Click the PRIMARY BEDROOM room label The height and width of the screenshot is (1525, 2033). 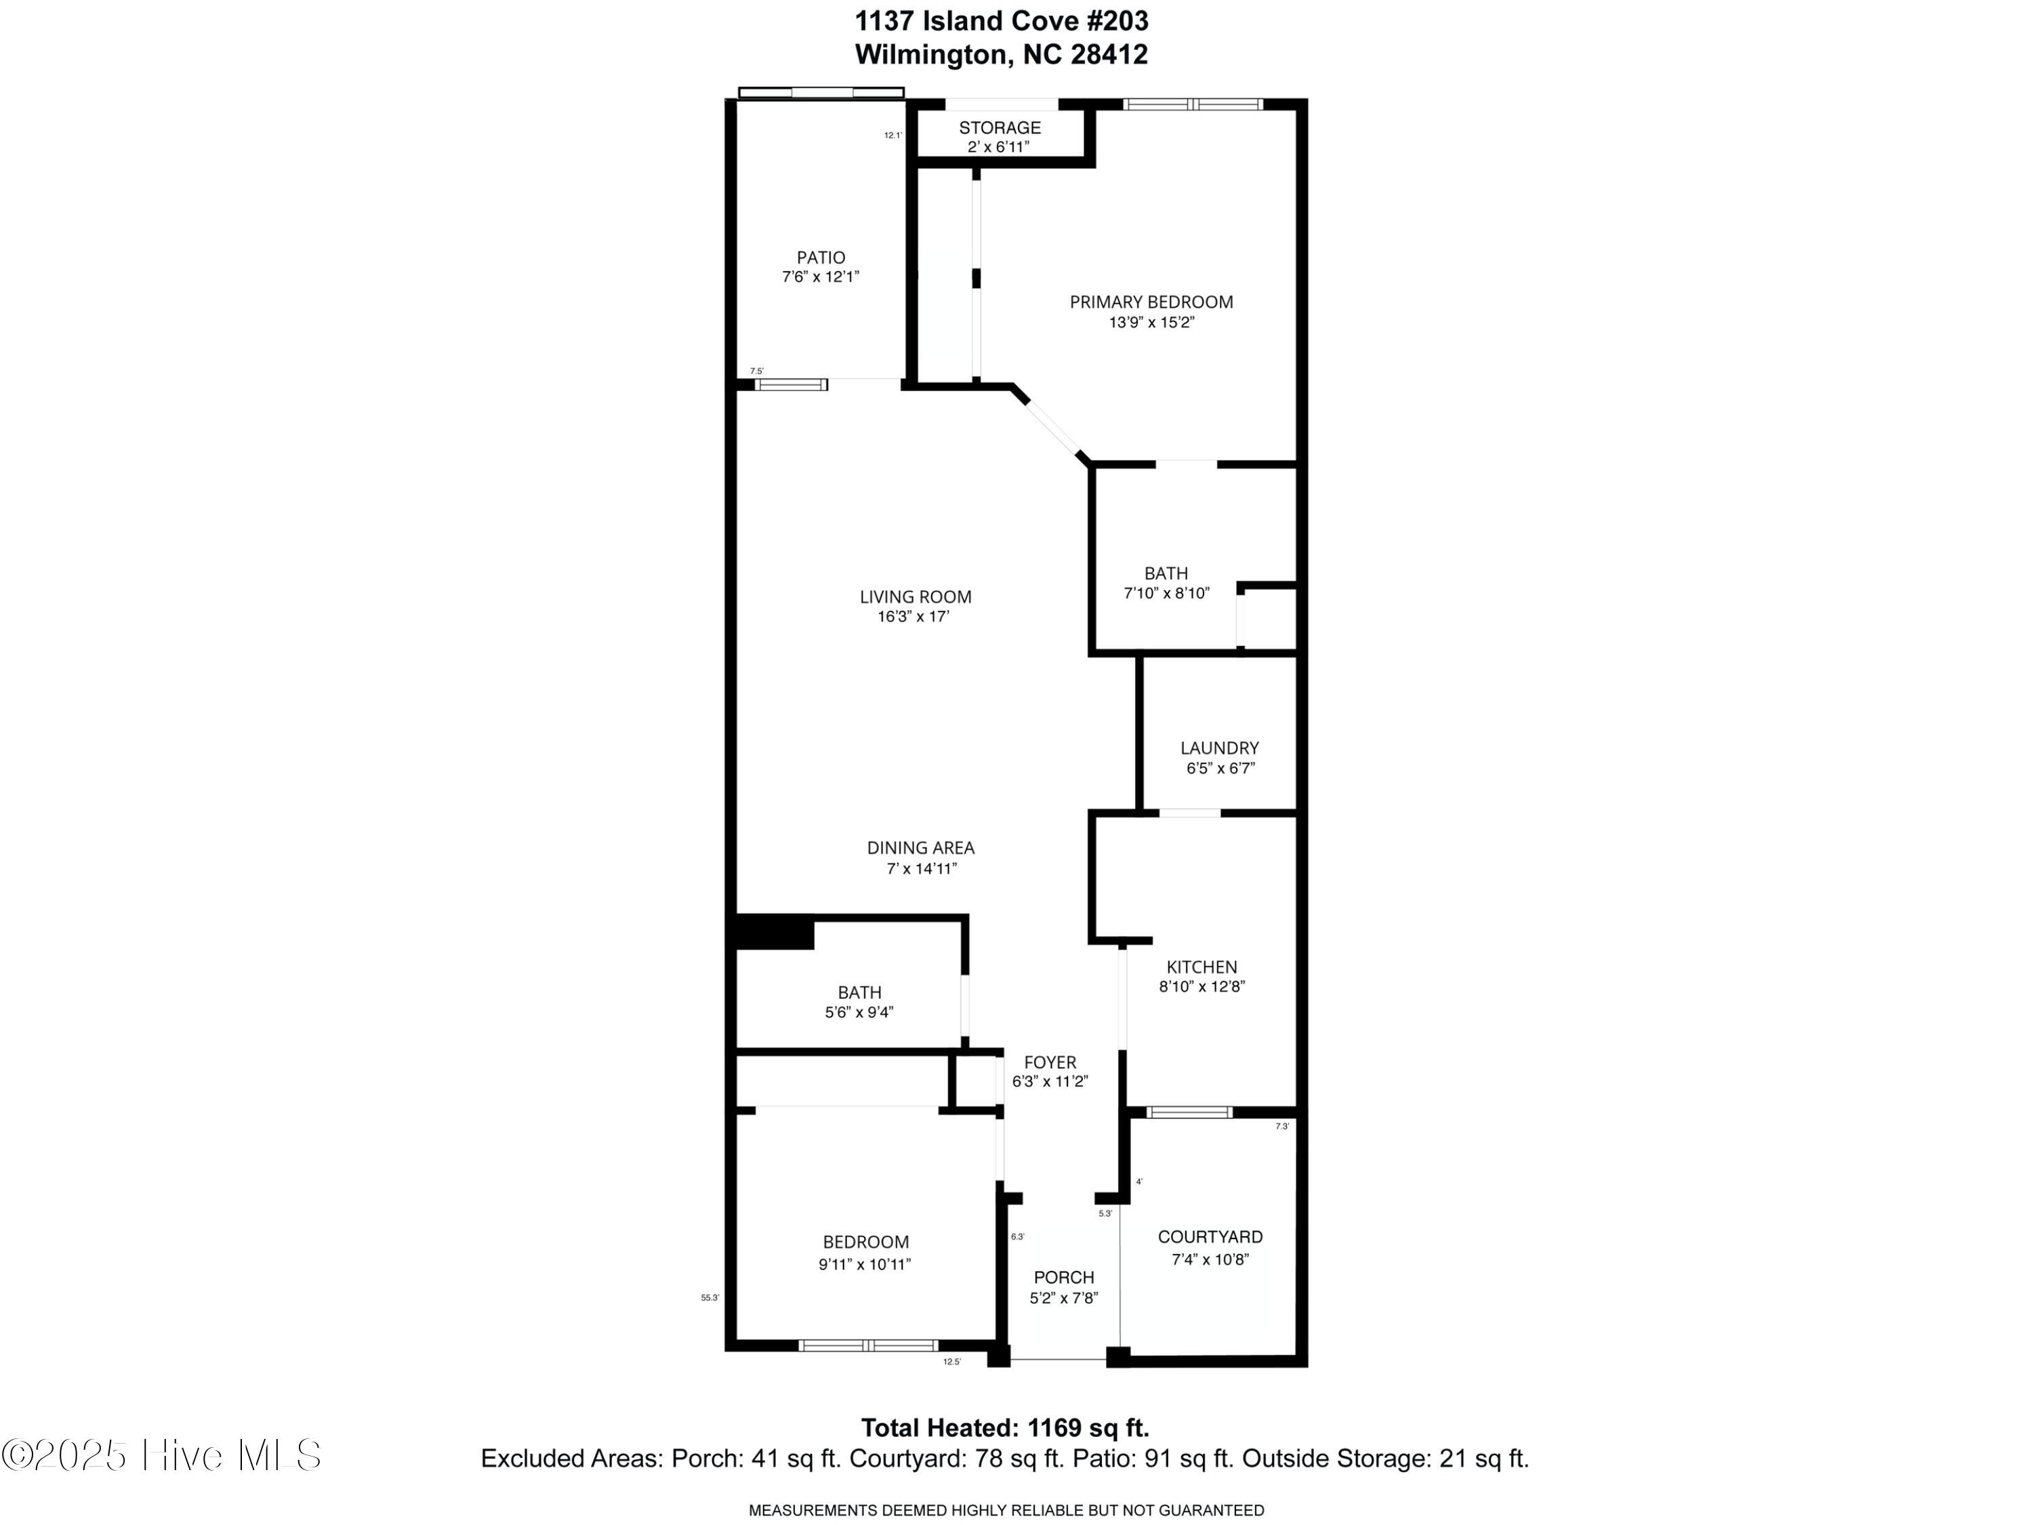1151,302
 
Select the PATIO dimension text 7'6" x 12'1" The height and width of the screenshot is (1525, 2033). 820,277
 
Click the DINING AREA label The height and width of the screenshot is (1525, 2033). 920,847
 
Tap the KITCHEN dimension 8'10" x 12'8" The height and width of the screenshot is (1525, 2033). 1202,986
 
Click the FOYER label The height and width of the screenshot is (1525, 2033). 1050,1061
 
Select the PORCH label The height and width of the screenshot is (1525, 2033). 1063,1277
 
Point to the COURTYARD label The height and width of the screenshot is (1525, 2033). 1210,1236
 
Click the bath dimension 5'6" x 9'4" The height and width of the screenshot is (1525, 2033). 859,1012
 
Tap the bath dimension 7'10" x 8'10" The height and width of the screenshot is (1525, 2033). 1166,594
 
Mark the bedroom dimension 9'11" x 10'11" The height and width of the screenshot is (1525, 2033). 864,1264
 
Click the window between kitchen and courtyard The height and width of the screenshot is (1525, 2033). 1189,1112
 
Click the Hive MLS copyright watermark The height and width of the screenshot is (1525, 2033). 162,1455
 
